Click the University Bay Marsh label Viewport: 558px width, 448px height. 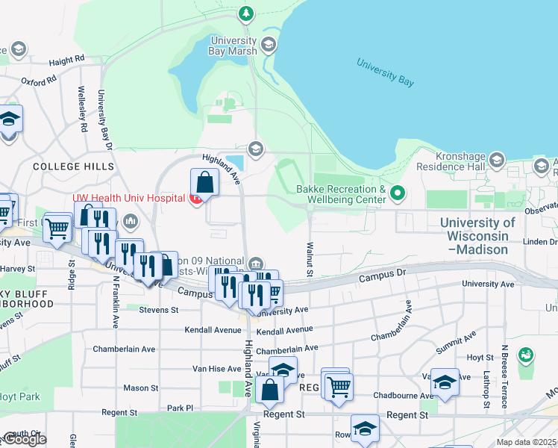[233, 46]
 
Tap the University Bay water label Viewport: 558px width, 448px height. [385, 72]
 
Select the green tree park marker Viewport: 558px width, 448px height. [246, 13]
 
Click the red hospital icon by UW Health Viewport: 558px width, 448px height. [195, 199]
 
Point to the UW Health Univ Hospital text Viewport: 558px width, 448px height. [128, 199]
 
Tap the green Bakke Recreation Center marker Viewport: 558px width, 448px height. [398, 195]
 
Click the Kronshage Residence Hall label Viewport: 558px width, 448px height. [452, 166]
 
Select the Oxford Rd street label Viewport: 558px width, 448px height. [39, 80]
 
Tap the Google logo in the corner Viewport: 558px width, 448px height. [24, 439]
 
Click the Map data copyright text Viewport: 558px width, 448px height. [526, 442]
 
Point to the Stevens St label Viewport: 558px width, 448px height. [153, 309]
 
